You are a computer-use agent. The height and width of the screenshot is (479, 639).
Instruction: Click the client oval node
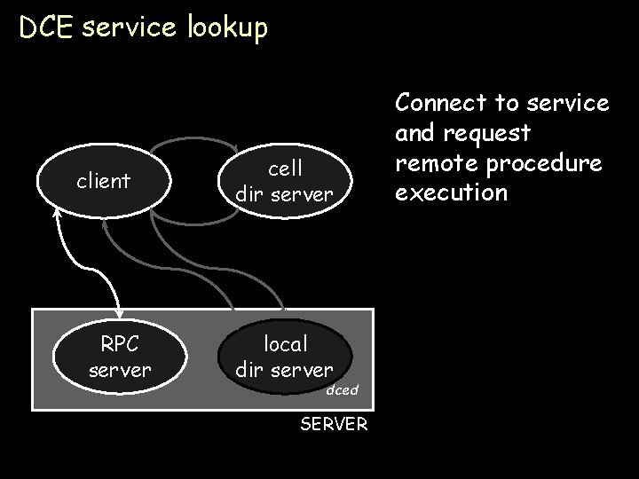[103, 182]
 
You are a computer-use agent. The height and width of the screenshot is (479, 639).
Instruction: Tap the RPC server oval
[120, 356]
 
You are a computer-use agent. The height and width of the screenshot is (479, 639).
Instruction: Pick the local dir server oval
[285, 356]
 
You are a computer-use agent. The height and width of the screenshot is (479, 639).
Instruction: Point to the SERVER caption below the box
[333, 424]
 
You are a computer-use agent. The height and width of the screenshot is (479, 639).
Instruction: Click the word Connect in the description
[441, 103]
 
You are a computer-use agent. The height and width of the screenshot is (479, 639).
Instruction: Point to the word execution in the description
[452, 193]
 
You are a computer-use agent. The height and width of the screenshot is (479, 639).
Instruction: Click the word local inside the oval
[285, 343]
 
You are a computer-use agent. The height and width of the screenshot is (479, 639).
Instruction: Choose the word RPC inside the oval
[120, 343]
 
